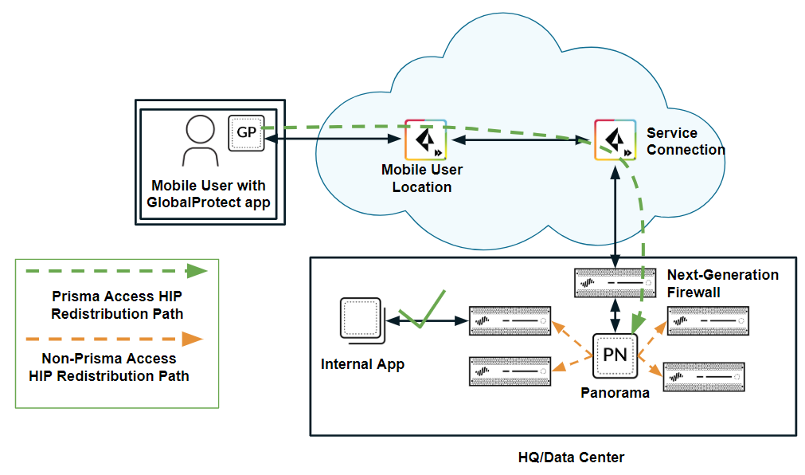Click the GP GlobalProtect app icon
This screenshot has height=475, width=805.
coord(246,133)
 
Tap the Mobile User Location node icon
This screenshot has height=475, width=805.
coord(425,139)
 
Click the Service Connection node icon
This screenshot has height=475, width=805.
coord(615,139)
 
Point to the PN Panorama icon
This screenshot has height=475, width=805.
coord(615,355)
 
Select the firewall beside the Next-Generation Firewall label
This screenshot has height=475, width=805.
coord(615,282)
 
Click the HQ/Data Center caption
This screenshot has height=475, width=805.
coord(571,457)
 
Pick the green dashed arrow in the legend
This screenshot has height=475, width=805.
coord(111,271)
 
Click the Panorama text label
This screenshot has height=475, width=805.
coord(615,393)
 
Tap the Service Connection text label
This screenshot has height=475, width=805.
coord(685,141)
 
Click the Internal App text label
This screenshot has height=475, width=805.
coord(362,364)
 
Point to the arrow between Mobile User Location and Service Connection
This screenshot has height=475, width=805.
coord(520,139)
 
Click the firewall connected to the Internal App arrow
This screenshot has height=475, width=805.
coord(510,320)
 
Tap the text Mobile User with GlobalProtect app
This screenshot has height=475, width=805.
coord(209,194)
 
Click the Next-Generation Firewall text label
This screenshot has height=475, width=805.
coord(722,283)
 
